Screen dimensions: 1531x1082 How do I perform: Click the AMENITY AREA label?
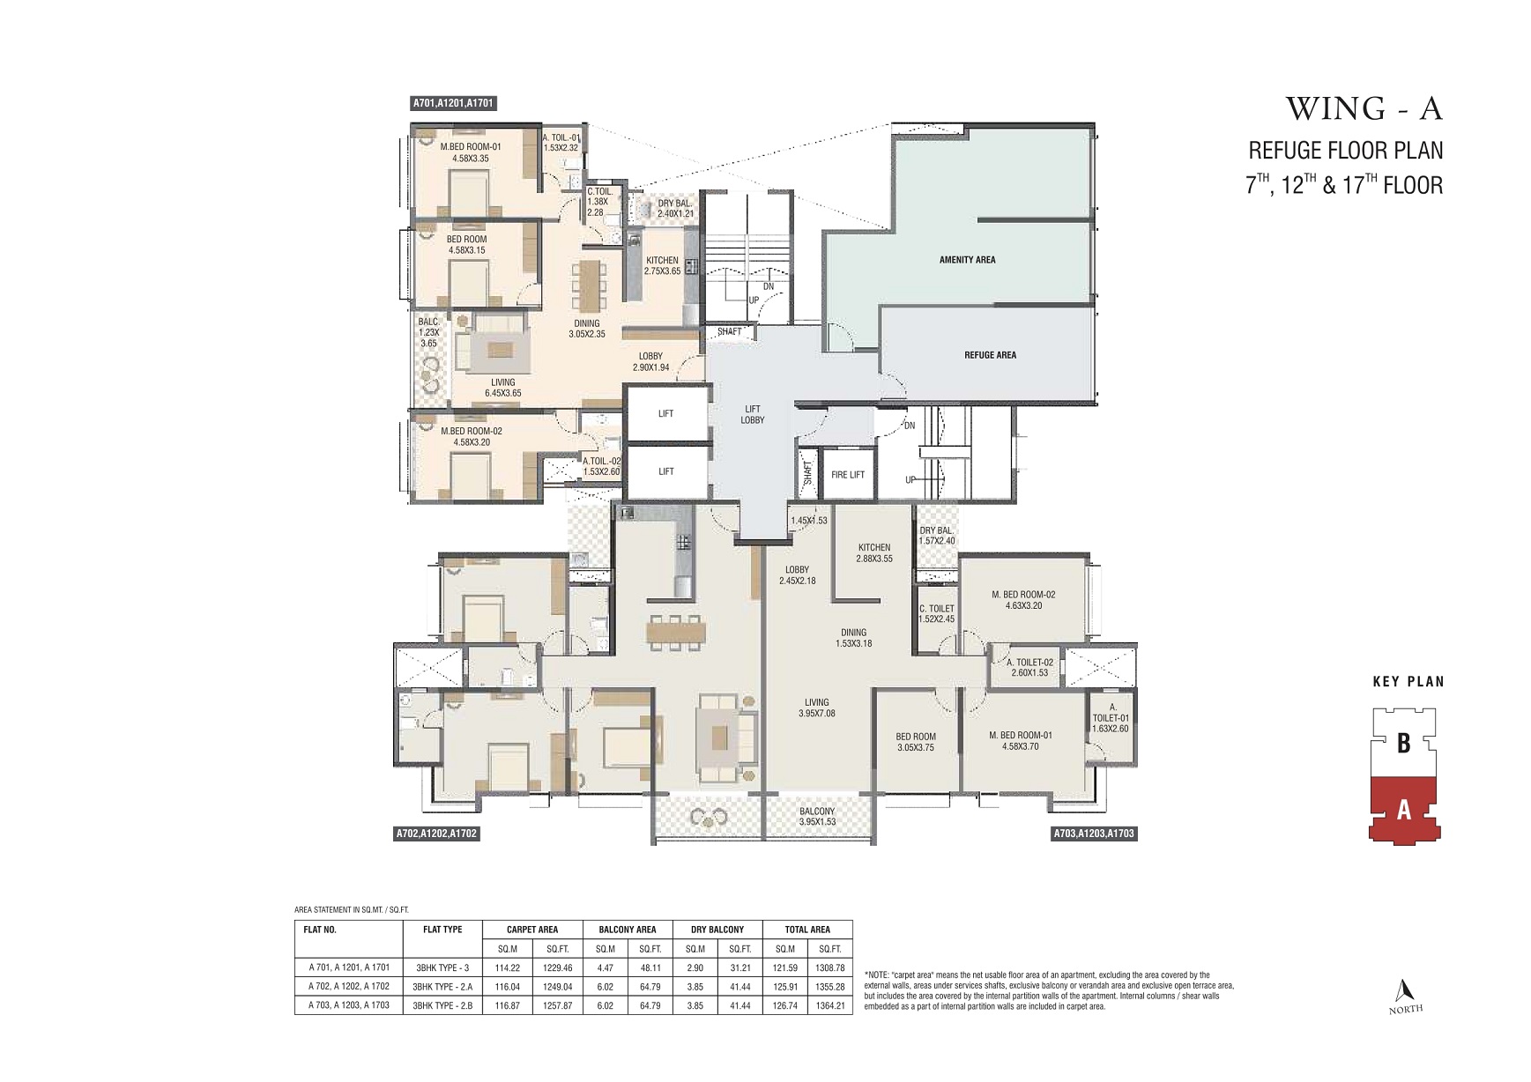(x=967, y=260)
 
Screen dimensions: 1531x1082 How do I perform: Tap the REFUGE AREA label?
(x=990, y=355)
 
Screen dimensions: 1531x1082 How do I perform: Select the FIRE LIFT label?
(x=848, y=475)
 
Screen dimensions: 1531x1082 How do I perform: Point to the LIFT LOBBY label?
(x=753, y=414)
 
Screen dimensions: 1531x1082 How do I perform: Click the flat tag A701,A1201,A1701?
(x=454, y=103)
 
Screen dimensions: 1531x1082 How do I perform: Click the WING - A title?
(x=1364, y=108)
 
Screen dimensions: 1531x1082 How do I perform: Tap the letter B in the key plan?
(x=1403, y=744)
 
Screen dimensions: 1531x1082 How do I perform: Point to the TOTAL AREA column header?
(x=807, y=929)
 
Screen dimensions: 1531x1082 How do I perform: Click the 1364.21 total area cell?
(x=829, y=1004)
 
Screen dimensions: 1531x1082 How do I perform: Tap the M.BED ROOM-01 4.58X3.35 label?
(x=470, y=152)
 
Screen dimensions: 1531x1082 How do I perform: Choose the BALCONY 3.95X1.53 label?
(x=817, y=817)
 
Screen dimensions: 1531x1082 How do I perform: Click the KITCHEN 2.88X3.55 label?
(x=873, y=552)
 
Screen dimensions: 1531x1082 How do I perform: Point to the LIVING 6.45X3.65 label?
(x=502, y=388)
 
